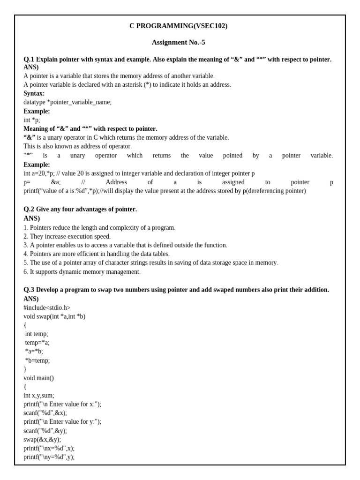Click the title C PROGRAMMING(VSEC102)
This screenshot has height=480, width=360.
(x=178, y=26)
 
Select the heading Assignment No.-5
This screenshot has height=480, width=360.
(x=178, y=43)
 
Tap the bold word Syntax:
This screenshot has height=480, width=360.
(x=34, y=93)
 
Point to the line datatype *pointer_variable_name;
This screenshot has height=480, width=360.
(x=67, y=102)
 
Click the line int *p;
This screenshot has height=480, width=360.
(x=32, y=120)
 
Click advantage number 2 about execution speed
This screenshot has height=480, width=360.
(x=67, y=237)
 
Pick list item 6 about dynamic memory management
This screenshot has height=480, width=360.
(x=82, y=272)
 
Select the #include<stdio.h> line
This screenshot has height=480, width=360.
(x=47, y=308)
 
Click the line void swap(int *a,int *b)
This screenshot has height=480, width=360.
(x=54, y=317)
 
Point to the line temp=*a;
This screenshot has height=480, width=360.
(x=37, y=343)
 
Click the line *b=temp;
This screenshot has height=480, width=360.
(x=37, y=360)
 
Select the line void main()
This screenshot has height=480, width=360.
(x=39, y=378)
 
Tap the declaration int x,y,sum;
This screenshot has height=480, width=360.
(x=39, y=396)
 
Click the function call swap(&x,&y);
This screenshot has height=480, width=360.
(x=42, y=440)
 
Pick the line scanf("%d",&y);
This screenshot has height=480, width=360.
(x=45, y=431)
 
